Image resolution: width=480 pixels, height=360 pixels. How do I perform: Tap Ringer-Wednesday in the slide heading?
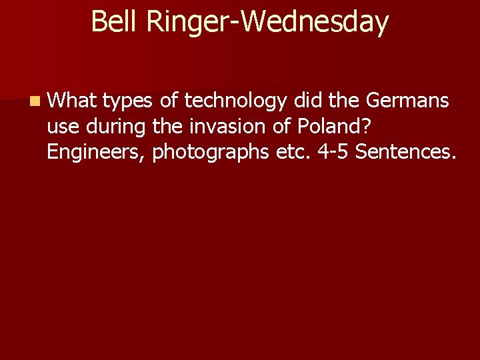point(267,23)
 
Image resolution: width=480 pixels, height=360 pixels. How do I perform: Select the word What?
point(71,101)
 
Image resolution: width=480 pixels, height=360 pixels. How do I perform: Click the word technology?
point(235,102)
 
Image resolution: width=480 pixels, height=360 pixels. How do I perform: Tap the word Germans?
point(408,101)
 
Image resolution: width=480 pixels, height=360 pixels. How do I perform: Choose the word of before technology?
point(169,101)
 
